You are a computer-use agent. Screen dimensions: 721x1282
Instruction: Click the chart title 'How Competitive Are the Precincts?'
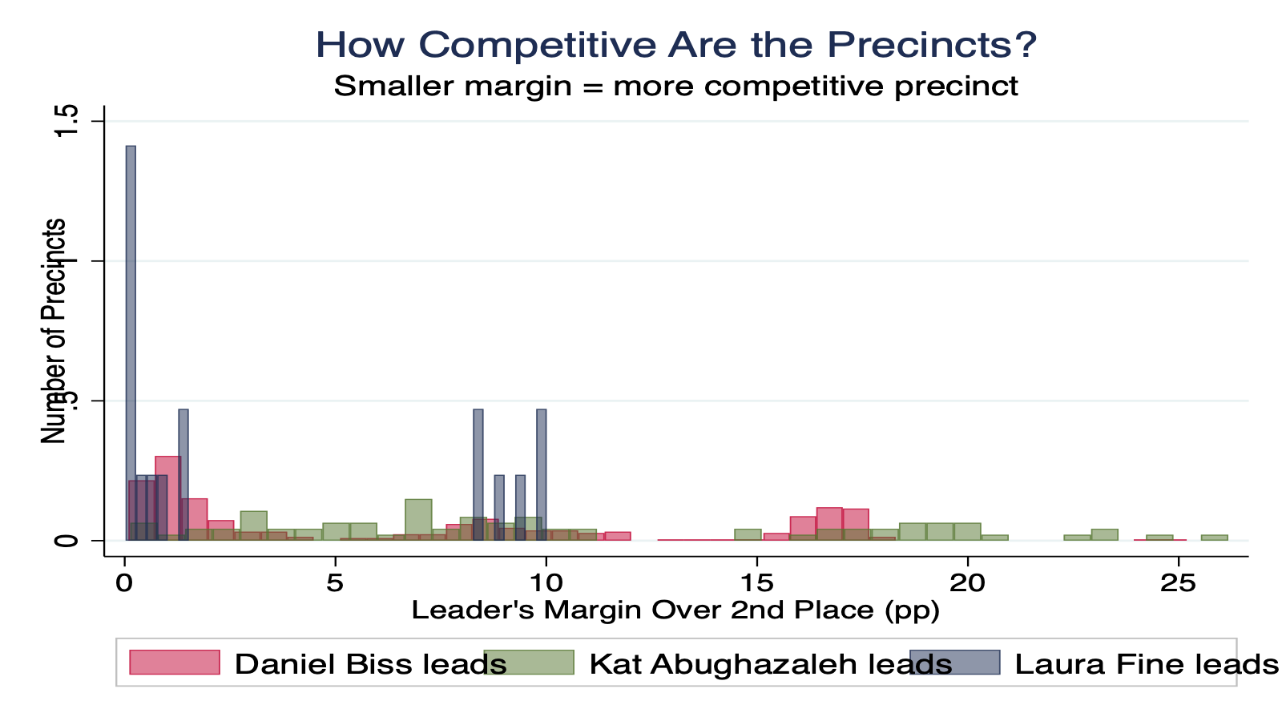[675, 45]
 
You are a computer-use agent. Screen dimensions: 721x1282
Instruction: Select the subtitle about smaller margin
[675, 86]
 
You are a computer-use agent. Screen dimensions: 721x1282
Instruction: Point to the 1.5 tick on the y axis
[69, 121]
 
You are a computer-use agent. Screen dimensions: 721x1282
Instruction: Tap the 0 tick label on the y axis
[69, 541]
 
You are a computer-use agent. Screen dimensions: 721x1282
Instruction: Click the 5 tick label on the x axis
[335, 583]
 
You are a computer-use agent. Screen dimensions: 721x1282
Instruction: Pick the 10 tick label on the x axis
[546, 583]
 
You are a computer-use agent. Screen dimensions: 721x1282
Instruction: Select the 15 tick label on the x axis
[756, 583]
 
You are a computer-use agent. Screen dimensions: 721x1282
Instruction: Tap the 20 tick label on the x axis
[967, 583]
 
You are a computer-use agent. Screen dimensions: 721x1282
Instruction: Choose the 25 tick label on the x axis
[1178, 583]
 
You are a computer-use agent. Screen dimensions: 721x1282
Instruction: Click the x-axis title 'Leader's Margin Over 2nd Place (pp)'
[675, 610]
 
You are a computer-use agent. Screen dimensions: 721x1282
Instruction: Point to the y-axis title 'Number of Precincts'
[54, 331]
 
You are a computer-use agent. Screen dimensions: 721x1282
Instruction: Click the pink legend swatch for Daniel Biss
[175, 663]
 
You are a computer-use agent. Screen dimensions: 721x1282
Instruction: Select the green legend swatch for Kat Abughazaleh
[530, 663]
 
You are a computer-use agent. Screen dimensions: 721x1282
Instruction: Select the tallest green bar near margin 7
[418, 517]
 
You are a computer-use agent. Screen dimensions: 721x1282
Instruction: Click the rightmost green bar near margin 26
[1214, 538]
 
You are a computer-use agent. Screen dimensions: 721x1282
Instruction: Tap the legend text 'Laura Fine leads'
[1147, 664]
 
